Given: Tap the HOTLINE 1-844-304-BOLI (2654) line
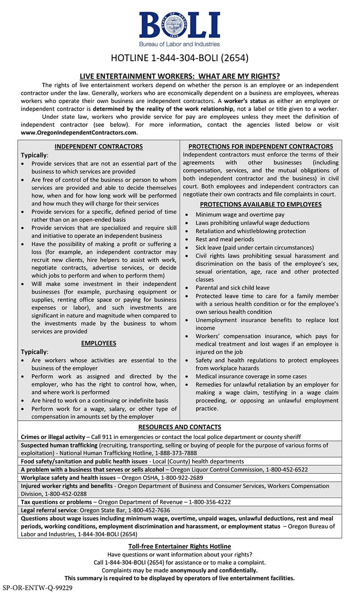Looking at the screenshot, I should click(x=180, y=58).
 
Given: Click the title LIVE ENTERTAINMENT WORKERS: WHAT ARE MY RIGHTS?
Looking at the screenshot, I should click(x=180, y=76).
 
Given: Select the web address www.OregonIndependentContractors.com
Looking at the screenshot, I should click(x=79, y=133).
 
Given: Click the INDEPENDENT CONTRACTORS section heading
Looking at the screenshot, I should click(x=99, y=146).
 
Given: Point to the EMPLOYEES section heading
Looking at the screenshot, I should click(x=99, y=343).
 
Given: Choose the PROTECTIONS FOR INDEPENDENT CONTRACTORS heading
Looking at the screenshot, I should click(x=261, y=146).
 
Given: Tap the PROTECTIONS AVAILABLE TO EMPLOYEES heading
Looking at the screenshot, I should click(x=261, y=204).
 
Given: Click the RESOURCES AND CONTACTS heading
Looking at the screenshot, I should click(x=180, y=427).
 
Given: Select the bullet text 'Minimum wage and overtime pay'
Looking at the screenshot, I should click(x=240, y=215).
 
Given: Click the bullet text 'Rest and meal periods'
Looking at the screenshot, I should click(x=225, y=239).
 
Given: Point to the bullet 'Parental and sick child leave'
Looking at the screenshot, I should click(x=233, y=288).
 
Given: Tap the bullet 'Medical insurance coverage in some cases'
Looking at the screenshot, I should click(x=251, y=377).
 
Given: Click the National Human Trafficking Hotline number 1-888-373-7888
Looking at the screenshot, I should click(x=176, y=453).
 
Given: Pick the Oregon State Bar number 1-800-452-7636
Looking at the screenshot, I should click(x=149, y=510).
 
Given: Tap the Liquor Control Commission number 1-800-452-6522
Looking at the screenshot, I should click(x=287, y=469).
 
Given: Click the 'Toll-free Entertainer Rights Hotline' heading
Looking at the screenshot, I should click(x=180, y=546).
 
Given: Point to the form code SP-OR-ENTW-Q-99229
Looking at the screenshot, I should click(x=37, y=588).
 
